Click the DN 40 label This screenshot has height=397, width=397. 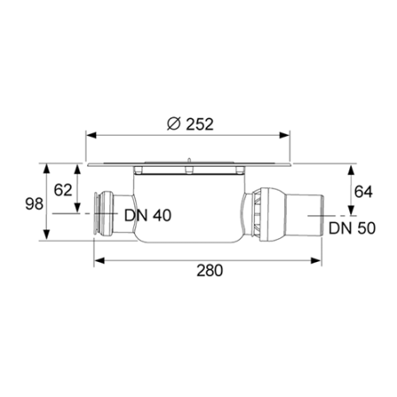coord(148,214)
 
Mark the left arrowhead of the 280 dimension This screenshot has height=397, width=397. coord(98,259)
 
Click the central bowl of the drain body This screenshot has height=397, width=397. coord(185,207)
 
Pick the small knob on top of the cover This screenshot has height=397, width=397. coord(188,159)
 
